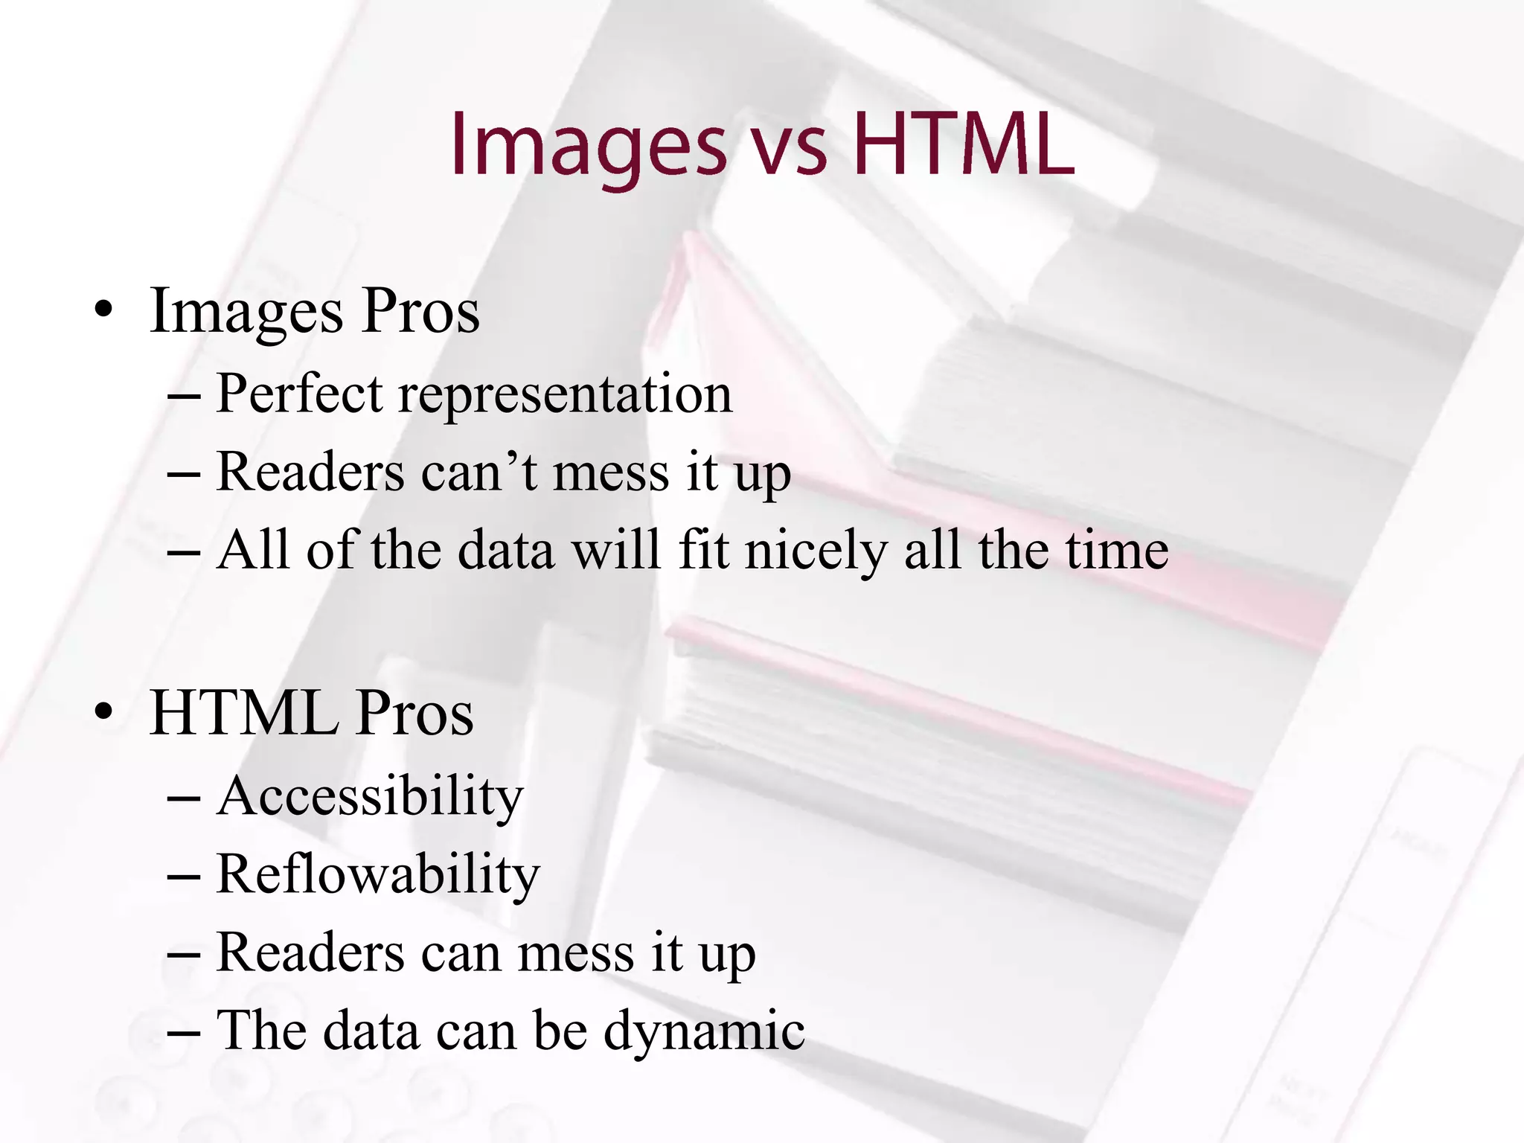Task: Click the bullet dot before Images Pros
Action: [x=104, y=310]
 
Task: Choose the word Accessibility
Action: [x=370, y=796]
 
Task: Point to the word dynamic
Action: [x=704, y=1033]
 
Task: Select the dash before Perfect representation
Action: [x=184, y=396]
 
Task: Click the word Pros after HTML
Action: [x=414, y=712]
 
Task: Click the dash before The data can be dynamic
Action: [x=184, y=1034]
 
